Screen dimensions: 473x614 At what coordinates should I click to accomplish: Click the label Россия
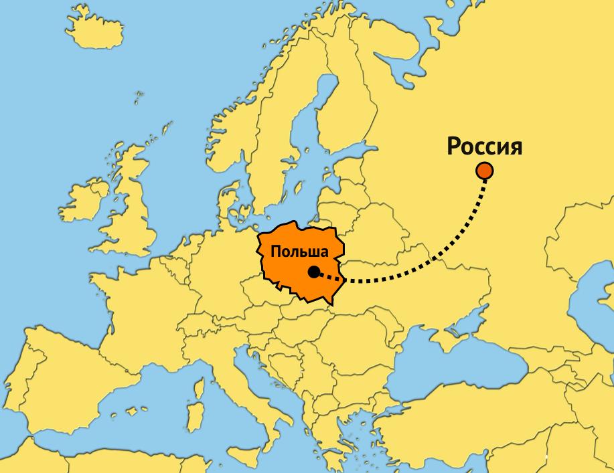tap(484, 147)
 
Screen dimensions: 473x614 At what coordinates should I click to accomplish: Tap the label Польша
tap(299, 253)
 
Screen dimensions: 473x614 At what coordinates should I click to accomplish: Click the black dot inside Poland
tap(313, 272)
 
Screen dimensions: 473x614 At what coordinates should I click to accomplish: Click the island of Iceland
tap(100, 31)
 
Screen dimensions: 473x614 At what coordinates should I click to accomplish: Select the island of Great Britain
tap(131, 201)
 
